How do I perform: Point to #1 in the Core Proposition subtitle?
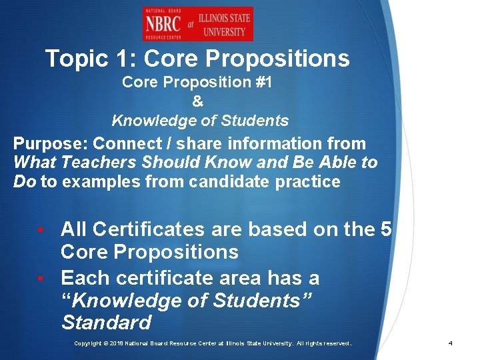tap(263, 83)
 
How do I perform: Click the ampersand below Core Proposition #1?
tap(197, 102)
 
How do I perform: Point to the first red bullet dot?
tap(41, 230)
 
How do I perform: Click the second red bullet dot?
tap(41, 278)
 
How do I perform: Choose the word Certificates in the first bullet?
tap(148, 229)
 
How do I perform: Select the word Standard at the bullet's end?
tap(106, 323)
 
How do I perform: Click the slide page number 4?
tap(451, 343)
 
